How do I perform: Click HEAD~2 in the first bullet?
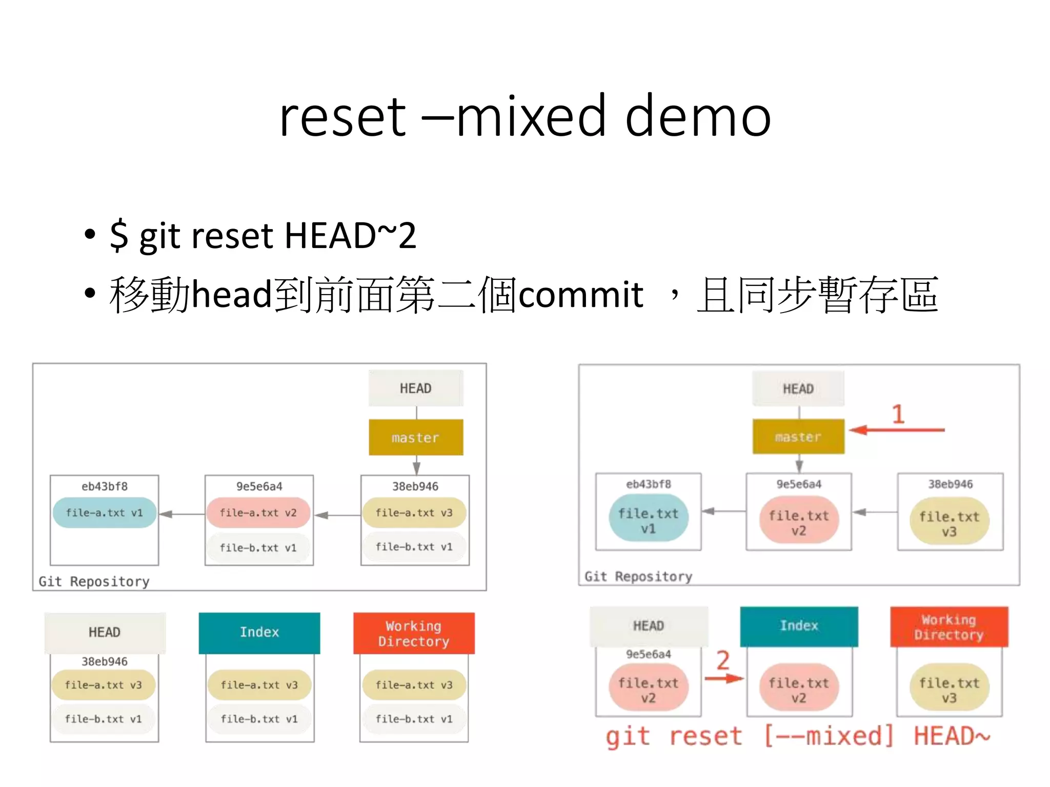click(350, 236)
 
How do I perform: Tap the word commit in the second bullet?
click(580, 295)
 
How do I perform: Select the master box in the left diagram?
click(416, 438)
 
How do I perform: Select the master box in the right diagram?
click(798, 437)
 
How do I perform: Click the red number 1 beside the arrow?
click(898, 414)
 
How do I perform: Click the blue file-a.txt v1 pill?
click(105, 512)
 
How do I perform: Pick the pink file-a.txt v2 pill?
click(258, 512)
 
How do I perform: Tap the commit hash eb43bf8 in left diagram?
click(105, 486)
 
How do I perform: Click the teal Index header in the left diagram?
click(259, 632)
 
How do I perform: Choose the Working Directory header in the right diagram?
click(949, 627)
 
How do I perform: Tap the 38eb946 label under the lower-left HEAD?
click(105, 661)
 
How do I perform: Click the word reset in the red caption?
click(705, 736)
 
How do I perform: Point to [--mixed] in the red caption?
click(829, 736)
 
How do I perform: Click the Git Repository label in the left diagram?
click(94, 582)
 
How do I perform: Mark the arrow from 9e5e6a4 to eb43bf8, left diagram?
click(181, 514)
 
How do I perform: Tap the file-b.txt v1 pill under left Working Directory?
click(414, 719)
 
